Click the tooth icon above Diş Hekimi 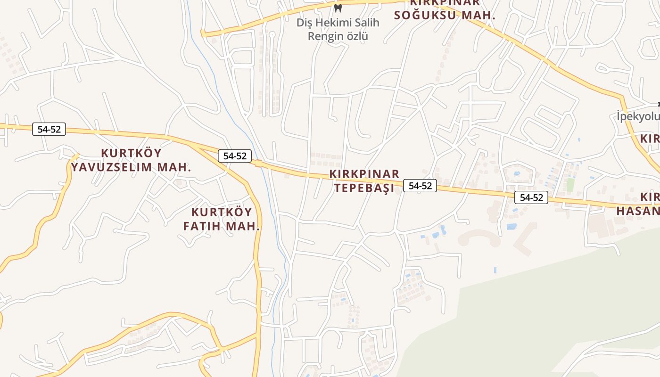pyautogui.click(x=338, y=8)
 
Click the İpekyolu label pyautogui.click(x=638, y=115)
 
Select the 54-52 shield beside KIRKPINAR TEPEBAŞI pyautogui.click(x=420, y=186)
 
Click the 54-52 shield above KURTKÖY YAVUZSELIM pyautogui.click(x=49, y=129)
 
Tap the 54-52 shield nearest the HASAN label pyautogui.click(x=531, y=197)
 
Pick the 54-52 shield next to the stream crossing pyautogui.click(x=235, y=156)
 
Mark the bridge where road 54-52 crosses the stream pyautogui.click(x=258, y=164)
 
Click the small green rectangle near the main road pyautogui.click(x=570, y=184)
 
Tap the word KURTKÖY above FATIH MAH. pyautogui.click(x=222, y=212)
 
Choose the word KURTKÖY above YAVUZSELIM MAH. pyautogui.click(x=132, y=153)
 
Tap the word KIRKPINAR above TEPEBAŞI pyautogui.click(x=364, y=174)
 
